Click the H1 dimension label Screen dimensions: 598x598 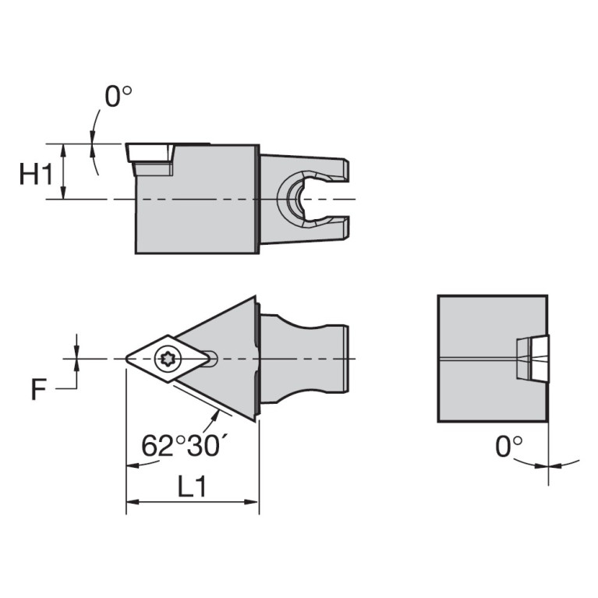click(36, 175)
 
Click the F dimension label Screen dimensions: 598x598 click(38, 389)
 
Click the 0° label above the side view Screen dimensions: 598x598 click(119, 97)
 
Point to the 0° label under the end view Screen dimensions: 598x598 click(508, 446)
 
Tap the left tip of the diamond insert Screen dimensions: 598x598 click(128, 359)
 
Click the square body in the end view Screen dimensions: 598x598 click(476, 359)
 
